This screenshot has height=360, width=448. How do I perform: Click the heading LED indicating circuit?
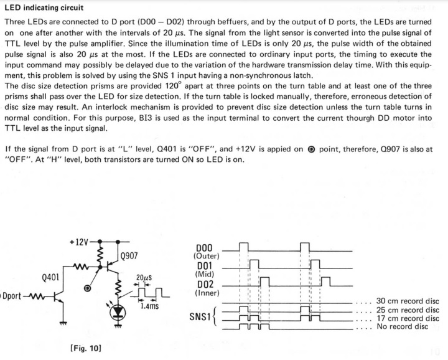coord(44,7)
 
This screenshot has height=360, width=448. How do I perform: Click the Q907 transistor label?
coord(129,255)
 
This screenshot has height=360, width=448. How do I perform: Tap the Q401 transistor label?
coord(50,277)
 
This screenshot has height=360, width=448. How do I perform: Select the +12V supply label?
coord(79,242)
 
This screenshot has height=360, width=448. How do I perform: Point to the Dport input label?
coord(11,296)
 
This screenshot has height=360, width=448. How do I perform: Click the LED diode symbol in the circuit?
coord(118,311)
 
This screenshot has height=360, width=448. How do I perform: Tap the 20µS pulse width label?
coord(144,278)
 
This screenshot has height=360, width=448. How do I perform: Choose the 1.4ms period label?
coord(149,306)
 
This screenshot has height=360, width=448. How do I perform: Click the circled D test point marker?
coord(88,288)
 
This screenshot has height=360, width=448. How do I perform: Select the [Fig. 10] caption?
coord(86,348)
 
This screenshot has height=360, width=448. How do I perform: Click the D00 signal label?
coord(204,248)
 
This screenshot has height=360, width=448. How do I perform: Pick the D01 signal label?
coord(205,266)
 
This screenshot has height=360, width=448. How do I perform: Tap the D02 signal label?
coord(205,285)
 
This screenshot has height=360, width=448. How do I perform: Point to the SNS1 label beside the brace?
coord(200,317)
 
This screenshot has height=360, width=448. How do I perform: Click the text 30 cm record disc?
coord(408,301)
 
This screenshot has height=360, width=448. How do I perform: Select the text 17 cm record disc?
coord(408,318)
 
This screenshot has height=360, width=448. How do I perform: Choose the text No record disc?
coord(403,326)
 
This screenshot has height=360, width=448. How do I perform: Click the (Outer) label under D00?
coord(207,256)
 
